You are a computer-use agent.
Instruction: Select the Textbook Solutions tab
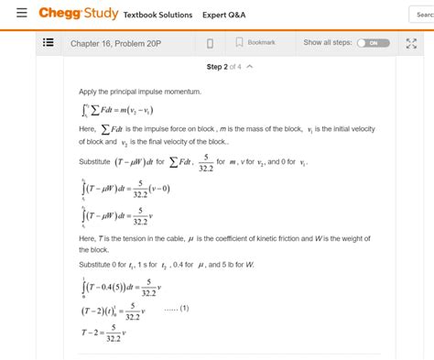157,15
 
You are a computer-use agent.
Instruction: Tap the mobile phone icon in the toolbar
210,43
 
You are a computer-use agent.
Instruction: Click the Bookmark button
255,43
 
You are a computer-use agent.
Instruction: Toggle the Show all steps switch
373,43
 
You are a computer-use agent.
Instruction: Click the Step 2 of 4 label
223,67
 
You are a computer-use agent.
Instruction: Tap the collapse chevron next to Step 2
250,67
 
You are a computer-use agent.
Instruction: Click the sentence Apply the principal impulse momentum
139,93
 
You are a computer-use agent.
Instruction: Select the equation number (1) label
177,307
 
